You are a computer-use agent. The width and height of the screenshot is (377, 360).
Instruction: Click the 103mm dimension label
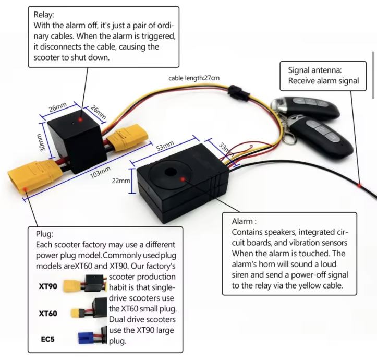[100, 172]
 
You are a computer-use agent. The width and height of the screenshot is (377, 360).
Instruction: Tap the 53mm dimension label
[165, 146]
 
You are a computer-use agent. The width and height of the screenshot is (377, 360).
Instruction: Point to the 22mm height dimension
[121, 181]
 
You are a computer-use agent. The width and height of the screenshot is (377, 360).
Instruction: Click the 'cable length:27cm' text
[194, 78]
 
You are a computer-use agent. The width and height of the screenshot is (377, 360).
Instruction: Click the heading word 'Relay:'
[44, 15]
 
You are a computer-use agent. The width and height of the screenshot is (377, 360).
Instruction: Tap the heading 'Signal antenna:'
[315, 70]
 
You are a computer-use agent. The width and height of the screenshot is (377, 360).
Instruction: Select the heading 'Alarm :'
[244, 221]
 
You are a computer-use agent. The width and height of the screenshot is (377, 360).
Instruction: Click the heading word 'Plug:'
[44, 234]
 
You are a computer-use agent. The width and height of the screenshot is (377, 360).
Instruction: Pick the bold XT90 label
[48, 286]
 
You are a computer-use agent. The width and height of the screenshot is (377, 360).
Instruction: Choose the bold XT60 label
[48, 314]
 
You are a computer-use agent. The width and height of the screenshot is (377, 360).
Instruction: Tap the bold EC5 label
[47, 339]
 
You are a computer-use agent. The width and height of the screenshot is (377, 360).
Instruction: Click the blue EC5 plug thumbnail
[86, 338]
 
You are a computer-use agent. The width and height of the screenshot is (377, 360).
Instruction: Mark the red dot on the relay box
[80, 119]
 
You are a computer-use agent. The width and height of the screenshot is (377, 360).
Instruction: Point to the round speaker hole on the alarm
[171, 173]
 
